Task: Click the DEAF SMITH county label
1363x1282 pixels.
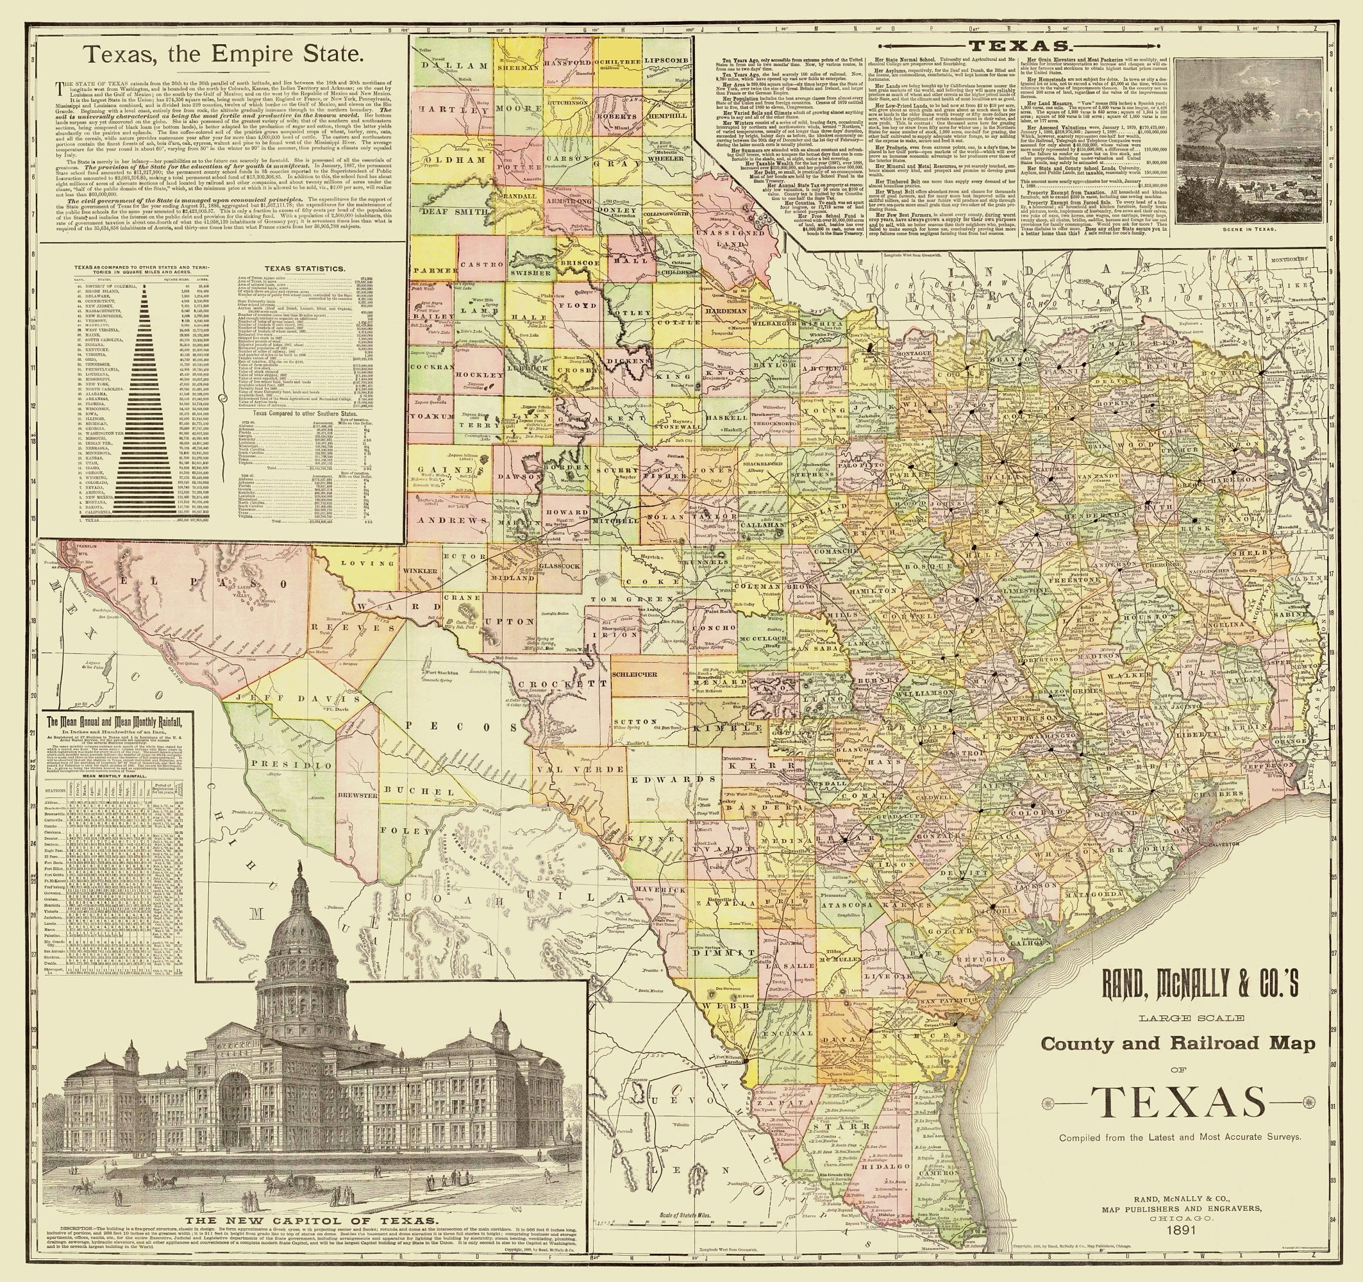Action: (x=444, y=212)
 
